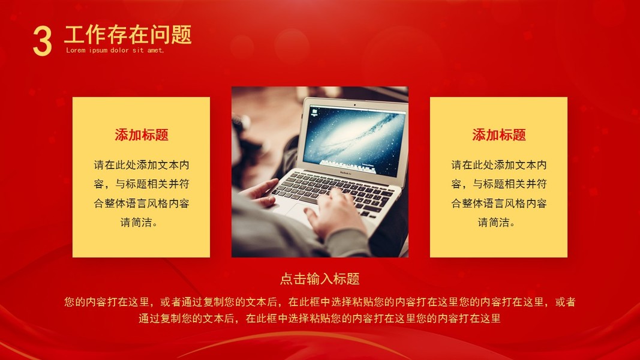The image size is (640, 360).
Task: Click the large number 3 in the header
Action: point(43,40)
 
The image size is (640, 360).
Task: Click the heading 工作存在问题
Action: point(128,34)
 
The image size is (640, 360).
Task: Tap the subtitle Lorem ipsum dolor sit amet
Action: point(115,50)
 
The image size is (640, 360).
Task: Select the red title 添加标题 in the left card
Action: point(141,134)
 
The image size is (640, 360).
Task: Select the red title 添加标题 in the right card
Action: point(499,134)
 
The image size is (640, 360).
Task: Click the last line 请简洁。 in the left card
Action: point(139,223)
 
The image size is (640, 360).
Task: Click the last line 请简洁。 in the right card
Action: point(497,223)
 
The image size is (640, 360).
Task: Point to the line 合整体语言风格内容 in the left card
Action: point(141,203)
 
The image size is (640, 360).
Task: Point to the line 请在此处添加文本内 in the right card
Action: point(499,165)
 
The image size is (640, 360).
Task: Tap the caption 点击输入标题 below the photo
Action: point(320,279)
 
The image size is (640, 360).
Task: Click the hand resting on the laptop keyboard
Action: point(335,212)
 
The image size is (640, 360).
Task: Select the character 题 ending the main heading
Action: point(181,34)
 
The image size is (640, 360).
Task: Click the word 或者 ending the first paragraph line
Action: point(565,302)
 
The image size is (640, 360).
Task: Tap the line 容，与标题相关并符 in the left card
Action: point(141,184)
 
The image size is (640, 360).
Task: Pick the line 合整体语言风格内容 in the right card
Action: point(499,203)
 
